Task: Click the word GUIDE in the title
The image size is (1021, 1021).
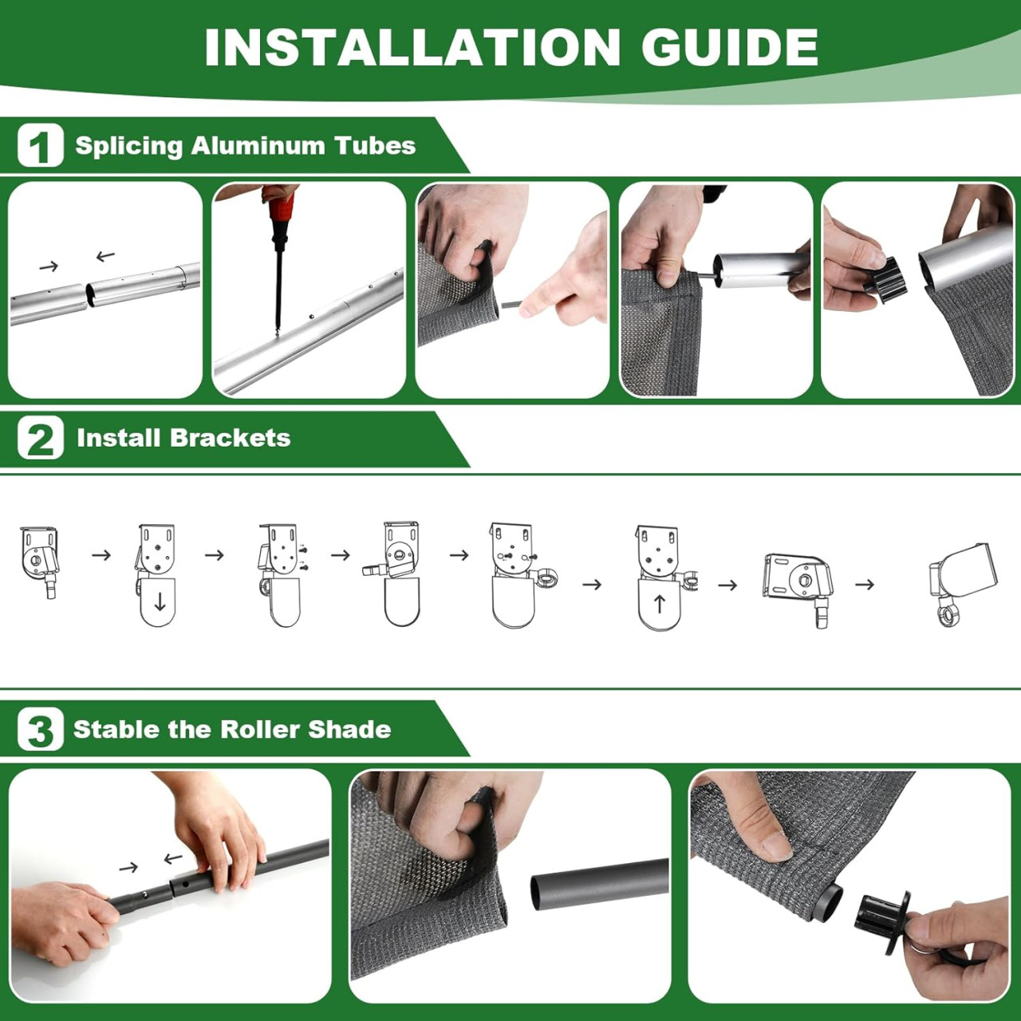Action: (x=730, y=47)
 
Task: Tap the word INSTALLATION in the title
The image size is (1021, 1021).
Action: (x=412, y=47)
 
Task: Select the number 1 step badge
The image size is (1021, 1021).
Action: (x=40, y=144)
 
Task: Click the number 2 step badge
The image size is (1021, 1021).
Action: (x=40, y=438)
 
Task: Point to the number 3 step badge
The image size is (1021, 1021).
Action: (x=40, y=729)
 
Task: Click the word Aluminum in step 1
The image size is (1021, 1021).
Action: (x=258, y=146)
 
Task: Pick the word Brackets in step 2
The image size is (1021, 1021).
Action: (x=230, y=438)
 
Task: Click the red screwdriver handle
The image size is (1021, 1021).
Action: (x=280, y=211)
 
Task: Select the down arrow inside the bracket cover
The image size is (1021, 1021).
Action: (x=160, y=602)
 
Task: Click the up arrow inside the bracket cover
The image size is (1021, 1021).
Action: (x=659, y=604)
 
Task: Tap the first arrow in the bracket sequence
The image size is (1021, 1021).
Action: (x=101, y=554)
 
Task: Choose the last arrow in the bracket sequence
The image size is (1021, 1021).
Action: (x=865, y=585)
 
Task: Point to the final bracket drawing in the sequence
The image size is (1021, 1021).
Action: (x=959, y=583)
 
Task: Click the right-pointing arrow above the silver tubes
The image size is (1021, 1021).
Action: (x=49, y=266)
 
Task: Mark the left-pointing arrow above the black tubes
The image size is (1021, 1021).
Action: (x=173, y=857)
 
